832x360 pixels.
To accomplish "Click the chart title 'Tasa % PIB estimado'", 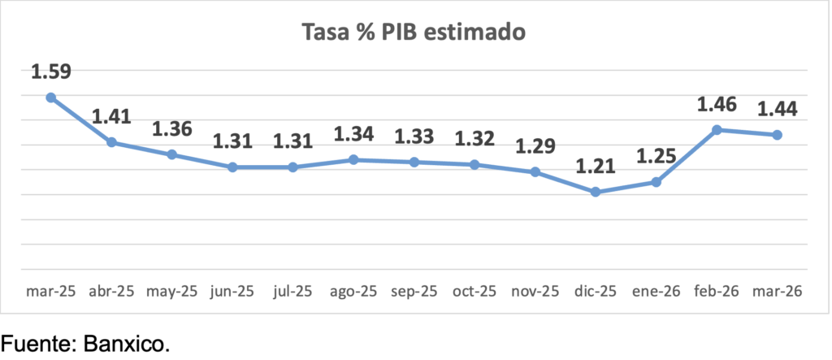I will [414, 33].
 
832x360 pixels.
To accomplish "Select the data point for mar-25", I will [50, 98].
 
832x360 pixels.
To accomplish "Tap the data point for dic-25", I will [596, 192].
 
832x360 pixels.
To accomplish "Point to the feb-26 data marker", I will [717, 130].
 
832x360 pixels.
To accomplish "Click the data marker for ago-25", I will [353, 160].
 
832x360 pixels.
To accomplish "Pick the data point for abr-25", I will [111, 142].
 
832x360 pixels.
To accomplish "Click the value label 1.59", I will [50, 72].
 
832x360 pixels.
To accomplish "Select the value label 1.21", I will [596, 167].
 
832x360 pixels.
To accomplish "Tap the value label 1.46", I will [717, 104].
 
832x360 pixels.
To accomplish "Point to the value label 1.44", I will [777, 109].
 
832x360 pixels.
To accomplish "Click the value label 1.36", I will [172, 129].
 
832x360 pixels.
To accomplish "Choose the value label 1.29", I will [535, 146].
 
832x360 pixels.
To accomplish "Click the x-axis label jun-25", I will [232, 291].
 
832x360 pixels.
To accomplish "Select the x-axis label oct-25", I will [474, 291].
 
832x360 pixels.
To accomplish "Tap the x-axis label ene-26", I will [656, 291].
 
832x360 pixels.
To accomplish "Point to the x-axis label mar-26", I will [777, 291].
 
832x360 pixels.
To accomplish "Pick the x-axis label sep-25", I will [414, 291].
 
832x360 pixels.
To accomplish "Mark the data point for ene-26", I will [656, 182].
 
